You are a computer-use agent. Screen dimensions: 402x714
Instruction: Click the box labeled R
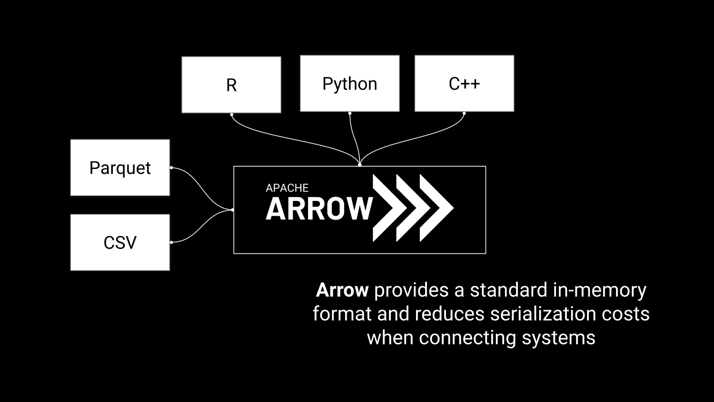(x=231, y=85)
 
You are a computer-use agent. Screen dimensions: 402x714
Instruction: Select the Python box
(x=349, y=83)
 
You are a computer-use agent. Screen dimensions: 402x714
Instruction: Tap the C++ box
(x=464, y=83)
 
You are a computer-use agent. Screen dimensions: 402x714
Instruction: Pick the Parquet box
(x=120, y=168)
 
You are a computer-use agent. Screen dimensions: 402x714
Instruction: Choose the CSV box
(x=120, y=242)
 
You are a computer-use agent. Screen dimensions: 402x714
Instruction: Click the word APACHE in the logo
(x=287, y=188)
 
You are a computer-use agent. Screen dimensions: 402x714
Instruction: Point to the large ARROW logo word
(x=319, y=209)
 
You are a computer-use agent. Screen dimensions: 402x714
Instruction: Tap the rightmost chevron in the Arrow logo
(x=435, y=208)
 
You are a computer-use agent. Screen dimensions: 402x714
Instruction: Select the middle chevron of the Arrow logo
(x=412, y=208)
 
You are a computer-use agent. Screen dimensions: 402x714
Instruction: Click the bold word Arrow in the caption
(x=342, y=290)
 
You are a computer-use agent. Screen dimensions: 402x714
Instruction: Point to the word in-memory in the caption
(x=599, y=290)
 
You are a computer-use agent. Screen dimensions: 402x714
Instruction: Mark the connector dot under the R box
(x=231, y=114)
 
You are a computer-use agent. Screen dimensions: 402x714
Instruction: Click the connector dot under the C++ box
(x=464, y=113)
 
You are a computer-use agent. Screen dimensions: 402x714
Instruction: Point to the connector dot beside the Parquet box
(x=171, y=168)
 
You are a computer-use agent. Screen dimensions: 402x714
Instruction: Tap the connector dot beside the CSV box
(x=171, y=242)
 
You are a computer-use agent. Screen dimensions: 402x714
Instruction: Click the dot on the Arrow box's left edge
(x=232, y=210)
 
